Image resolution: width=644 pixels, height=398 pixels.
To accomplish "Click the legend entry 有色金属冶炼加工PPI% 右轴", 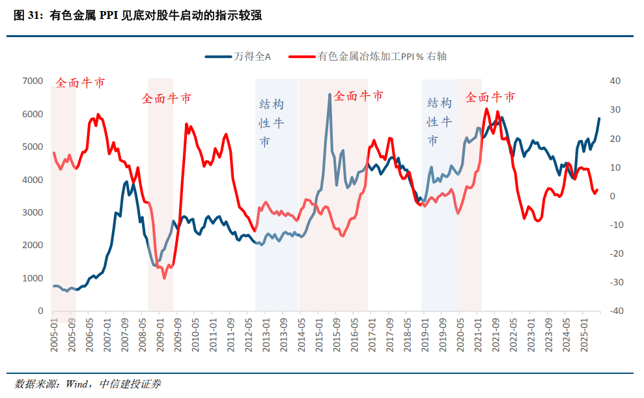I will point(382,57).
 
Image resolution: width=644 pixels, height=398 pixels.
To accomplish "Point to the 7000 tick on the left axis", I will point(33,81).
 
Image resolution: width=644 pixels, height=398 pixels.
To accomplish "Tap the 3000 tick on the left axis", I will point(33,212).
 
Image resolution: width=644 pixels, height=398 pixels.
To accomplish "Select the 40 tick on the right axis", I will point(615,81).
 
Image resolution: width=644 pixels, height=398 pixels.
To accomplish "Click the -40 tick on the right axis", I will point(613,311).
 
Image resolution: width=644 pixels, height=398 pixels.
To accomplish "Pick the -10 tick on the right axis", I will point(613,225).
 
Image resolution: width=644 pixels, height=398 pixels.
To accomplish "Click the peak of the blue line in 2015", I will point(330,94).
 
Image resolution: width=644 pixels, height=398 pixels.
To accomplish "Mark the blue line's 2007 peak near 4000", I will point(126,182).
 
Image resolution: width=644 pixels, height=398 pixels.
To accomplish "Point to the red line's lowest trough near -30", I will point(164,278).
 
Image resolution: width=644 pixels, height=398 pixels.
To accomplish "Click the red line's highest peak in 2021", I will point(486,109).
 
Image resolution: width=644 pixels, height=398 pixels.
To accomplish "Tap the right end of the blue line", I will point(600,119).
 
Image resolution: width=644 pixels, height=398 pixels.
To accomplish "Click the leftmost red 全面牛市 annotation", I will point(79,83).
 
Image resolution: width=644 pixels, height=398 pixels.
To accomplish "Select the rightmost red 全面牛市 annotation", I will point(490,97).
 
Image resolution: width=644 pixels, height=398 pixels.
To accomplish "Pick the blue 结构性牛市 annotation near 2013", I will point(272,123).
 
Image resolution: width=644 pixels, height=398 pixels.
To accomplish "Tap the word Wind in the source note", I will point(78,384).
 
